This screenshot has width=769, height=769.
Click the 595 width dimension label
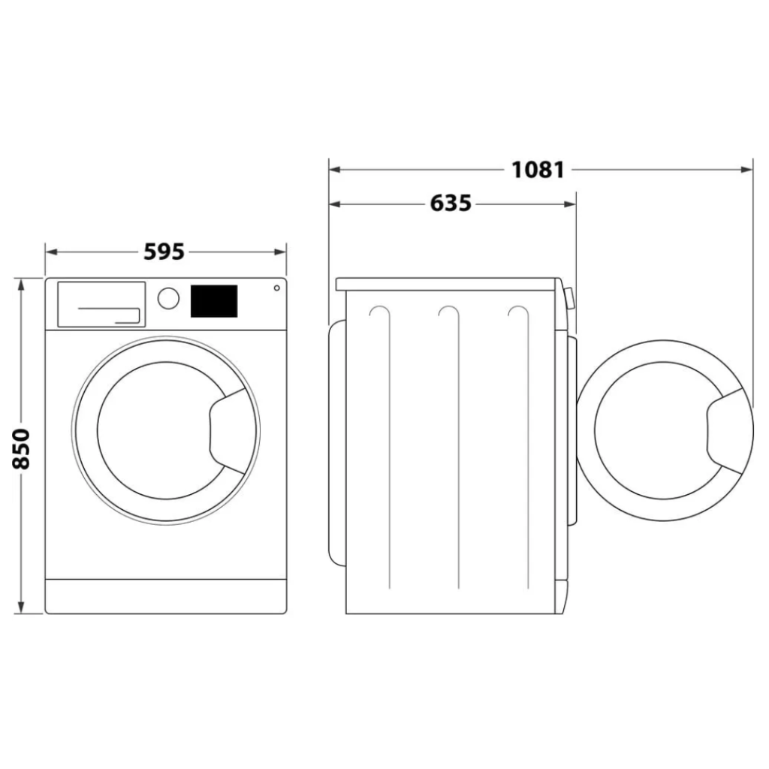tap(164, 252)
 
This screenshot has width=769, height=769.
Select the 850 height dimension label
tap(21, 448)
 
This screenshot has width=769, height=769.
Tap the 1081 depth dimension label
tap(538, 170)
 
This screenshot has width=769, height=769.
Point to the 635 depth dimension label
tap(451, 204)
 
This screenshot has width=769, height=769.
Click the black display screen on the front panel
tap(214, 300)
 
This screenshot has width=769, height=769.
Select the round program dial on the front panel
tap(169, 297)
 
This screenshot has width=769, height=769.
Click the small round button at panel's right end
tap(276, 288)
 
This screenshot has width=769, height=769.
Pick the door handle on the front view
tap(228, 434)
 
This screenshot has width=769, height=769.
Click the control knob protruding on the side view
tap(569, 299)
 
